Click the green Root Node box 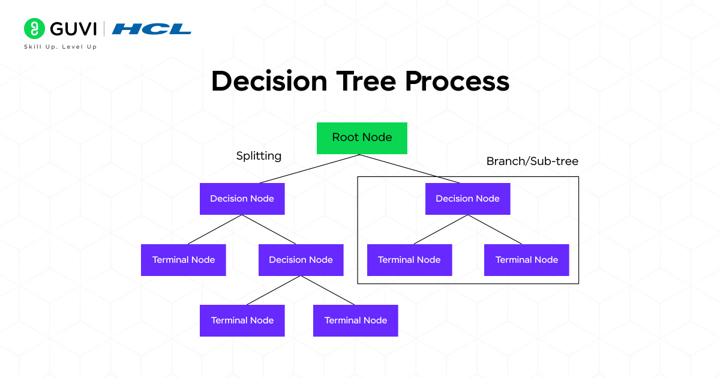(362, 138)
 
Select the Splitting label (259, 156)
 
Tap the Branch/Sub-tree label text (532, 161)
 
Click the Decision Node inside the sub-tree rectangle (467, 199)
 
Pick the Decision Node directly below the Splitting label (242, 199)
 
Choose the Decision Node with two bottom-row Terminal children (301, 260)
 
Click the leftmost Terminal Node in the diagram (183, 260)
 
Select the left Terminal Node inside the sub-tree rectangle (409, 260)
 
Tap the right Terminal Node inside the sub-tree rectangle (526, 260)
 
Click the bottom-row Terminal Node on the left (242, 320)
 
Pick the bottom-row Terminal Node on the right (355, 320)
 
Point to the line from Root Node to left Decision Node (309, 169)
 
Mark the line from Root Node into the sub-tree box (410, 169)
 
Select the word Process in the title (457, 81)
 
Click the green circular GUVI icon (35, 29)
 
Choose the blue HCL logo (152, 29)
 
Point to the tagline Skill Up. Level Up (60, 47)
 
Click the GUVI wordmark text (74, 29)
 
